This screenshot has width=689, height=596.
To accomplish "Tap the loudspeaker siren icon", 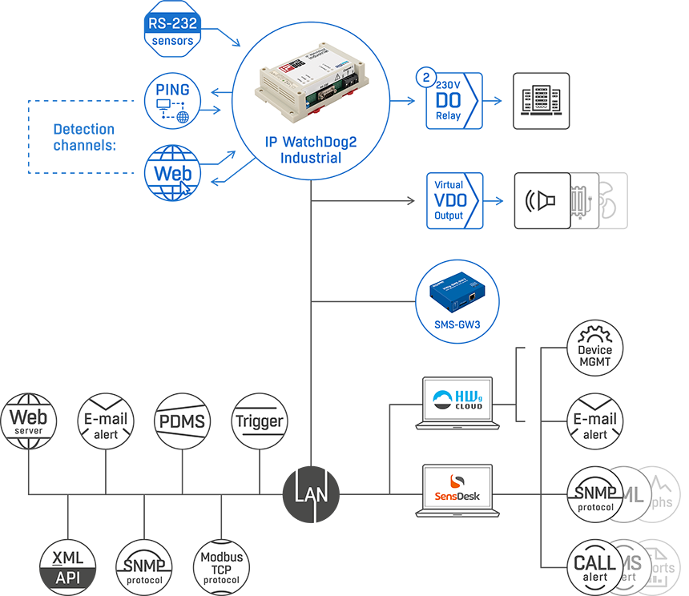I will tap(542, 200).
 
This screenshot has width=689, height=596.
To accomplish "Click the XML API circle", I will tap(68, 567).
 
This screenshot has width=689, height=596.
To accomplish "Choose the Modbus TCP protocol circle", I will tap(221, 567).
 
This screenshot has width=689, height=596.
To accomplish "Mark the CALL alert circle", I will tap(594, 567).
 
